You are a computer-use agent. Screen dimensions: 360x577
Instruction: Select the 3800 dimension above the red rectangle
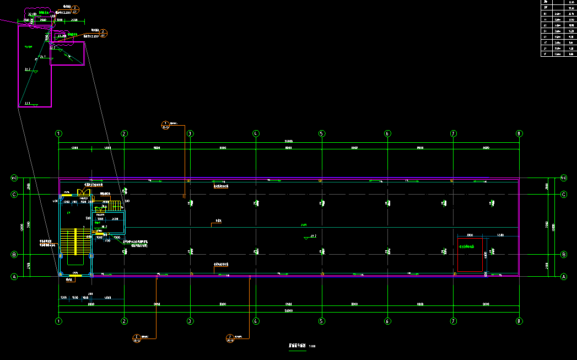click(470, 235)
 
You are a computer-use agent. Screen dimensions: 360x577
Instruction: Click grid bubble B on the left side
click(14, 255)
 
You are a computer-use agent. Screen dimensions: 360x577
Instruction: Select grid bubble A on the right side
click(564, 277)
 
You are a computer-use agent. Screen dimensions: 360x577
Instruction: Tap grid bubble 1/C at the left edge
click(14, 178)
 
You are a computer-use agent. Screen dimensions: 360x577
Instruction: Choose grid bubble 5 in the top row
click(321, 133)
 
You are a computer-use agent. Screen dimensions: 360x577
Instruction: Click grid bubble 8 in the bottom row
click(519, 321)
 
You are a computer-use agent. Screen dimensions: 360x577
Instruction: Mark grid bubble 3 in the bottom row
click(190, 321)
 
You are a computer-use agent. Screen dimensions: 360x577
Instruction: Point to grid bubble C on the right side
click(564, 195)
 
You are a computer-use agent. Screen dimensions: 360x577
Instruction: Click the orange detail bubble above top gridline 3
click(165, 124)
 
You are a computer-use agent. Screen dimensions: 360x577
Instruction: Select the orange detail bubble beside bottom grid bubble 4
click(230, 337)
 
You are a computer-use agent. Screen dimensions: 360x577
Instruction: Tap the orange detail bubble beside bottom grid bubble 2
click(137, 337)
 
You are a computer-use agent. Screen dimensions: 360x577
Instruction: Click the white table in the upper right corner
click(558, 28)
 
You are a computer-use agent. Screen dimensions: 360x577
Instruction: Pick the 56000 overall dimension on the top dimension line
click(288, 142)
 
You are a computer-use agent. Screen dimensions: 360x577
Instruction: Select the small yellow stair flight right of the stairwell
click(114, 206)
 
